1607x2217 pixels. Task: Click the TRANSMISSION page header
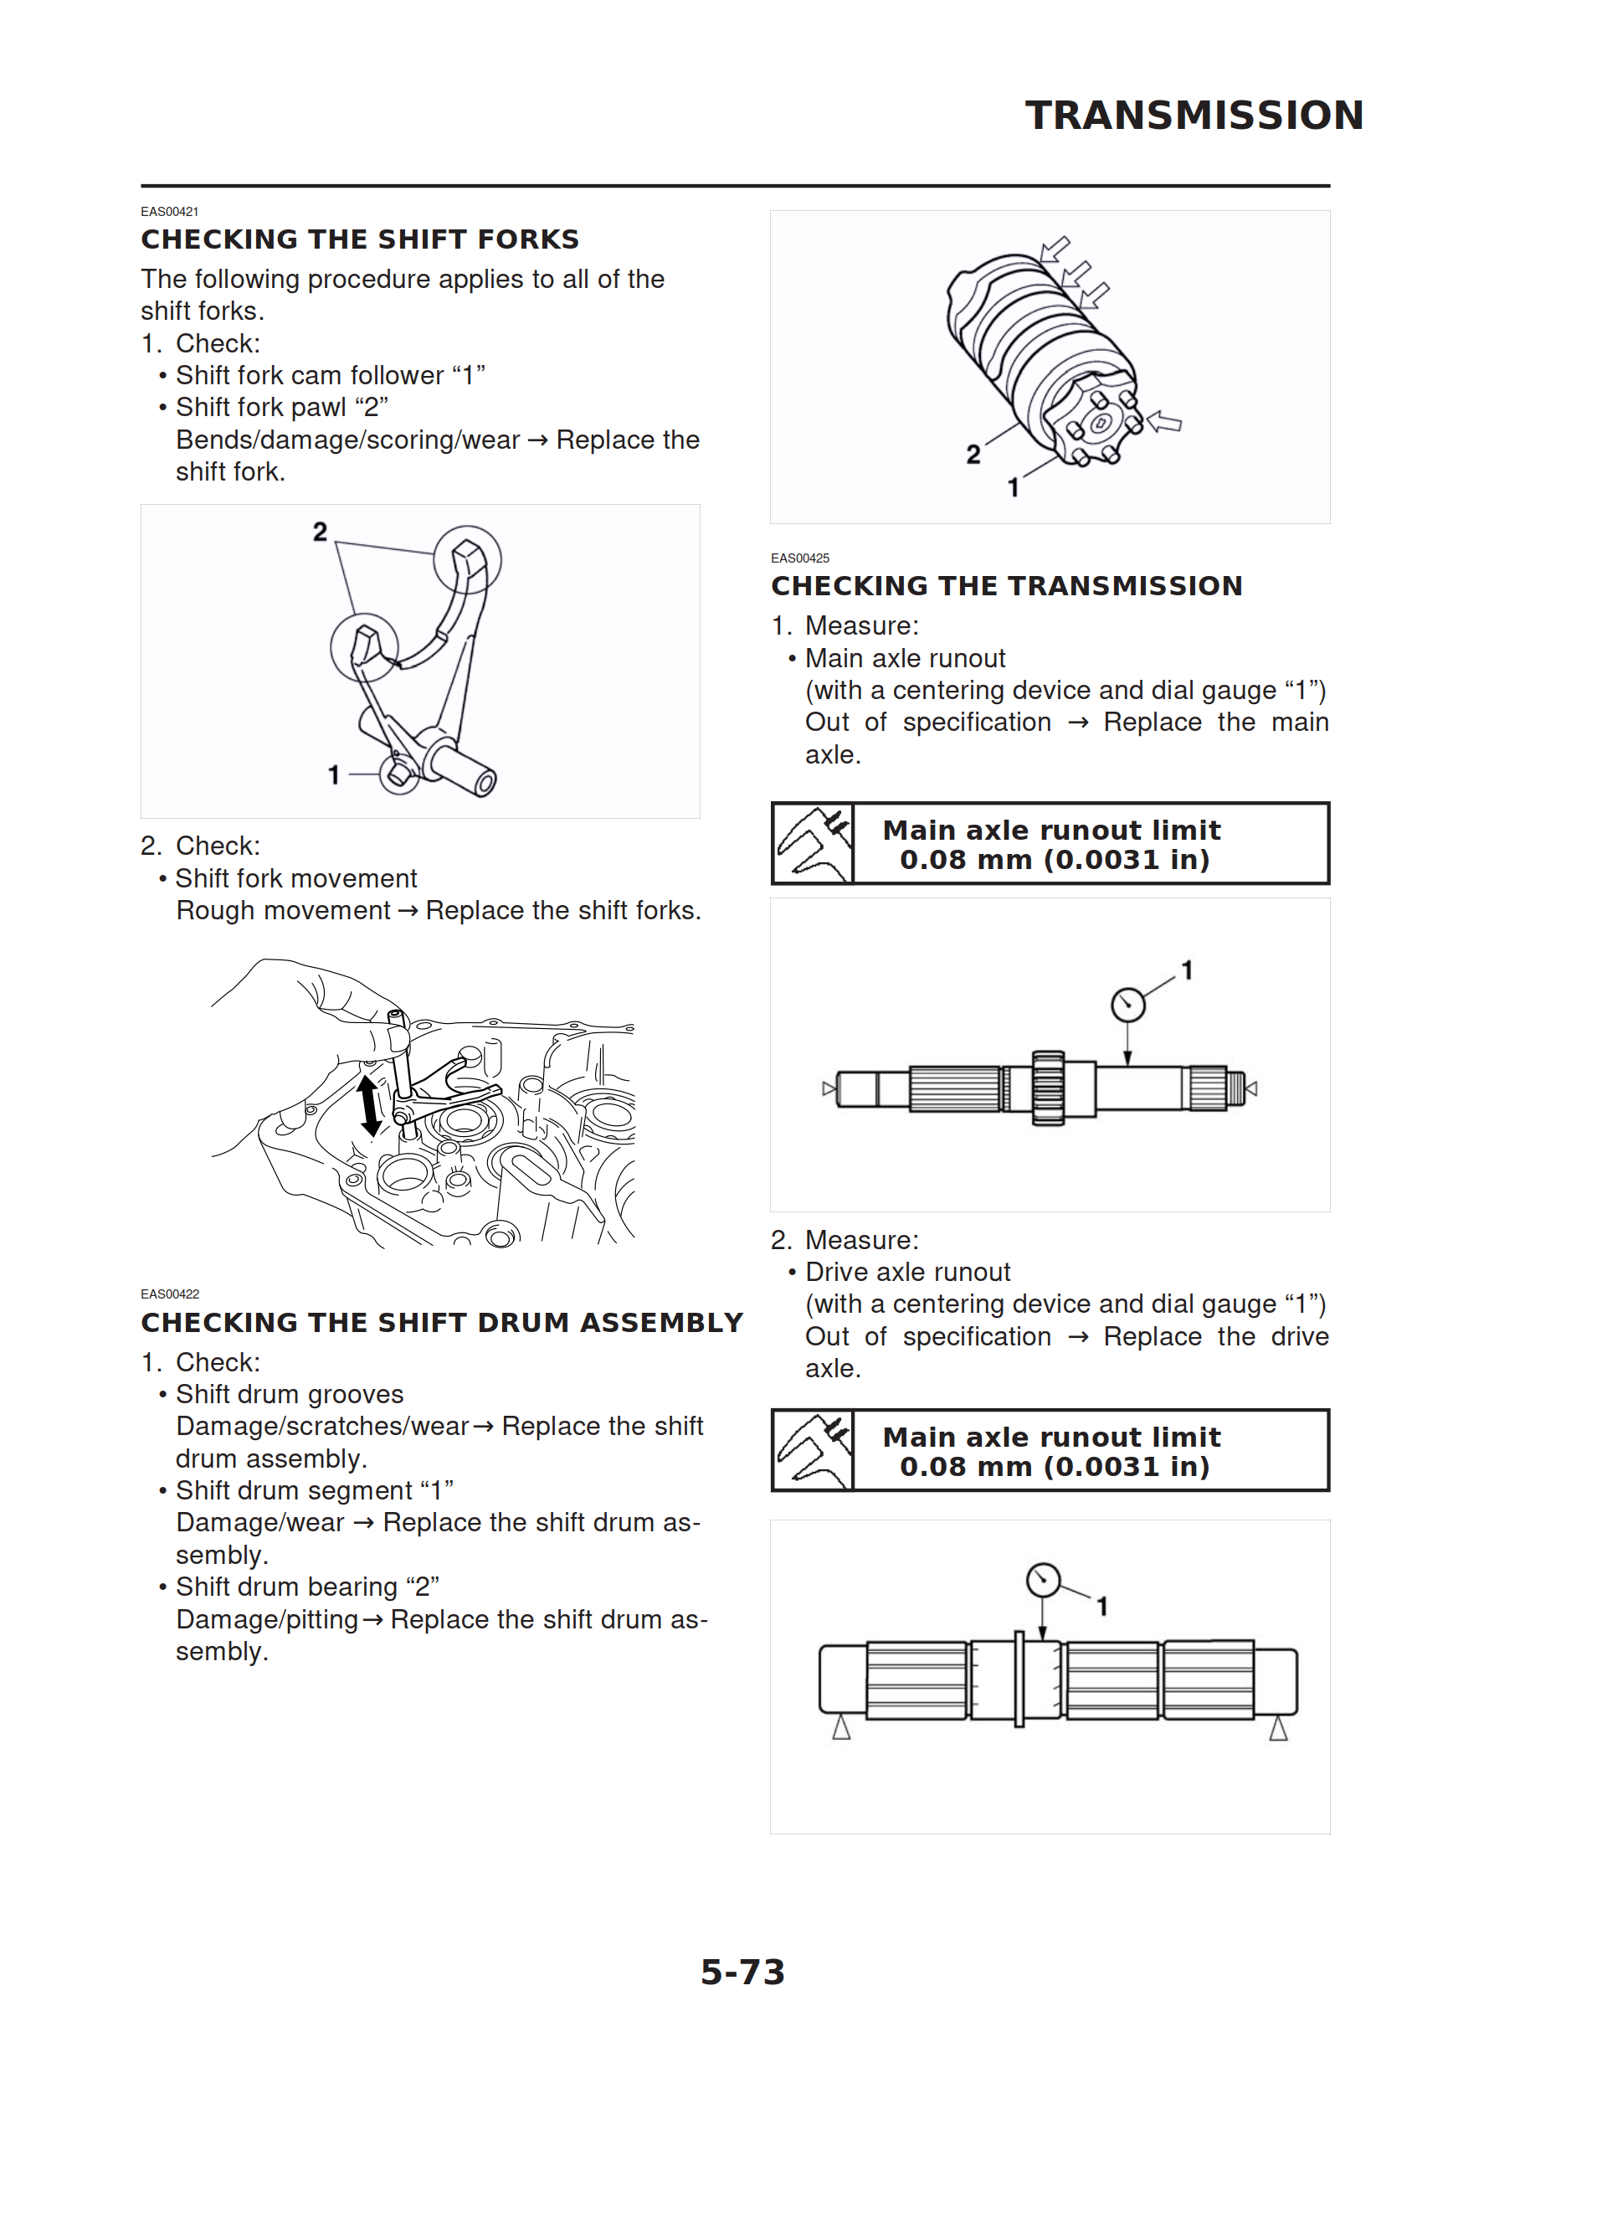[1194, 116]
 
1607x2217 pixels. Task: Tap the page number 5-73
[743, 1972]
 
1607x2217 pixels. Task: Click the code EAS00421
[169, 211]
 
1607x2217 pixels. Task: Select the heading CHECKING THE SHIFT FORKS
[360, 239]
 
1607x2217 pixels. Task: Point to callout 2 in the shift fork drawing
[320, 532]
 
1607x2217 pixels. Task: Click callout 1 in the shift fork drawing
[333, 775]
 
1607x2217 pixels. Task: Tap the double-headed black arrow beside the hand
[368, 1105]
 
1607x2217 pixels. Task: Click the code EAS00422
[169, 1294]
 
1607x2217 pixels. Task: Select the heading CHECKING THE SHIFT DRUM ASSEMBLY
[442, 1323]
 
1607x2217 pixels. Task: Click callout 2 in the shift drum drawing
[973, 455]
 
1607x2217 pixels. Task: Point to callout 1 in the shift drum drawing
[1014, 486]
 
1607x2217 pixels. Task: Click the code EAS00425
[799, 558]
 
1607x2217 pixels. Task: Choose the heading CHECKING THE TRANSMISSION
[1006, 585]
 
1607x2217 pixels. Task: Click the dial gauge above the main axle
[1128, 1004]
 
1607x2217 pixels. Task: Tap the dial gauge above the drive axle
[1043, 1580]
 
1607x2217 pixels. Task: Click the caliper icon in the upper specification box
[814, 844]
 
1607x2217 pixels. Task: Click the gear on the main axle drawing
[1048, 1088]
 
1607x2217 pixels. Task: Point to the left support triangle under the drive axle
[840, 1728]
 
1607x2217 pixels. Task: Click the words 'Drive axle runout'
[907, 1272]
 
